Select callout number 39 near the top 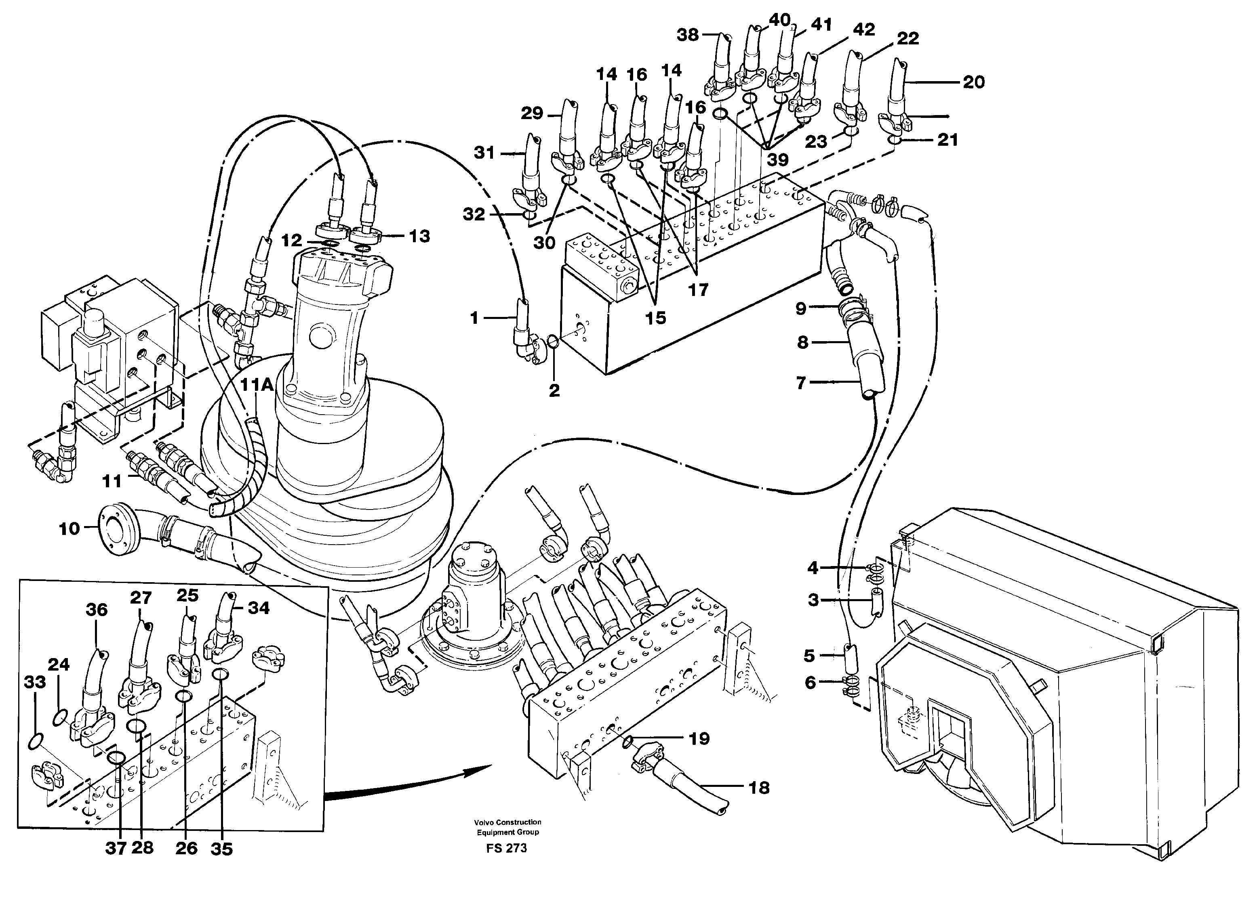(x=777, y=160)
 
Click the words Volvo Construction (x=507, y=822)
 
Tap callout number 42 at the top (x=863, y=30)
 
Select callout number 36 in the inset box (x=97, y=610)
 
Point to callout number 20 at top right (x=974, y=82)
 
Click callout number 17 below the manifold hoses (x=698, y=289)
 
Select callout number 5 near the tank (x=809, y=656)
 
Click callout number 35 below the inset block (x=222, y=849)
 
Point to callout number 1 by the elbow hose (x=474, y=318)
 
